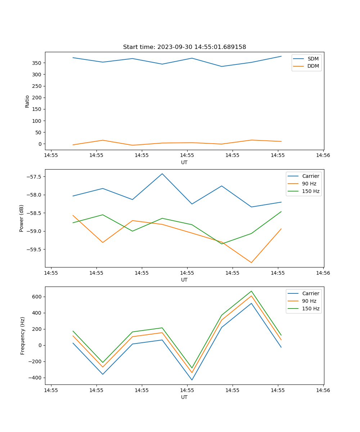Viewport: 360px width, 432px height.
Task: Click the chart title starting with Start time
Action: [184, 47]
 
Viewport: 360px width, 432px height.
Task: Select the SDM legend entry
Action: [313, 59]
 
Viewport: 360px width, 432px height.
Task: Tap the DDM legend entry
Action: [313, 66]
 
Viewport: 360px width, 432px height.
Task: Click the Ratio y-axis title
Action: [27, 101]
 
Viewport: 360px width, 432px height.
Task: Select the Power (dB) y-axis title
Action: [22, 218]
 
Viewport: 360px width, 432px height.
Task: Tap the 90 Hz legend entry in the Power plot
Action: [309, 184]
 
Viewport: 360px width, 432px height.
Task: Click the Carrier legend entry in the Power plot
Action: [310, 176]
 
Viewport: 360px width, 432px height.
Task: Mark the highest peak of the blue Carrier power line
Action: [162, 174]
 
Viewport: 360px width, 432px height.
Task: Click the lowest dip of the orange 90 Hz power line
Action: [251, 262]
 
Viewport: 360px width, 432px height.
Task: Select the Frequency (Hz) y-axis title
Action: [23, 336]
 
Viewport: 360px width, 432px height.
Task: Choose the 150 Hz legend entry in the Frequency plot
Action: [310, 309]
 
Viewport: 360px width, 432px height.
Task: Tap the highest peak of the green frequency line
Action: [251, 291]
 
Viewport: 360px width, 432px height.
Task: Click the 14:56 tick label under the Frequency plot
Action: [323, 390]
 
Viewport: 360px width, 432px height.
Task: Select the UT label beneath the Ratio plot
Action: [184, 162]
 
